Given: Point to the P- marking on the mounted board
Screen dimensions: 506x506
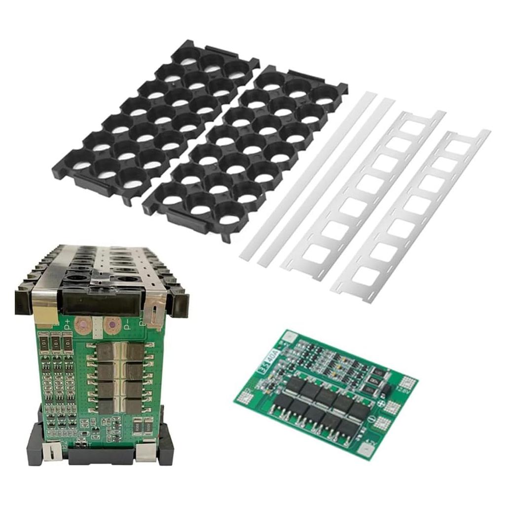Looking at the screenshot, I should click(127, 324).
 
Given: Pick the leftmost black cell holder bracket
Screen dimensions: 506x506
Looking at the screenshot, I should click(155, 121).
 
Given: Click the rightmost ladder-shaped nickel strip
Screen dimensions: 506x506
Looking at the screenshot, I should click(412, 215).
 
